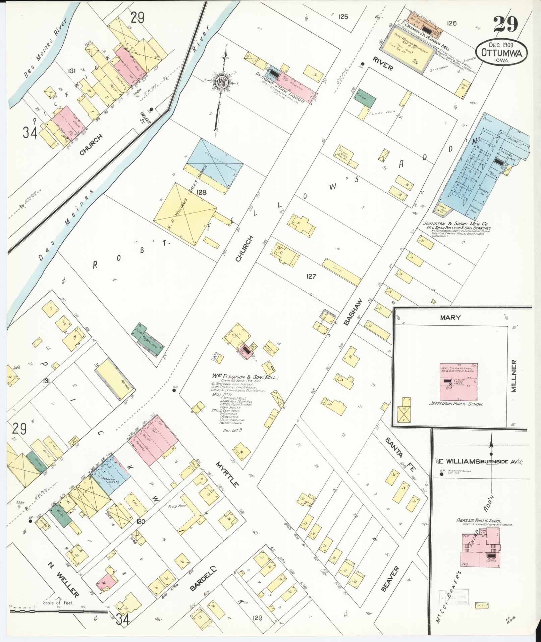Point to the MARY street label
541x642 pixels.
click(x=450, y=317)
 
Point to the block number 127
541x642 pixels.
click(x=311, y=277)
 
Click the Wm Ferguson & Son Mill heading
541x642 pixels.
click(x=244, y=377)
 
